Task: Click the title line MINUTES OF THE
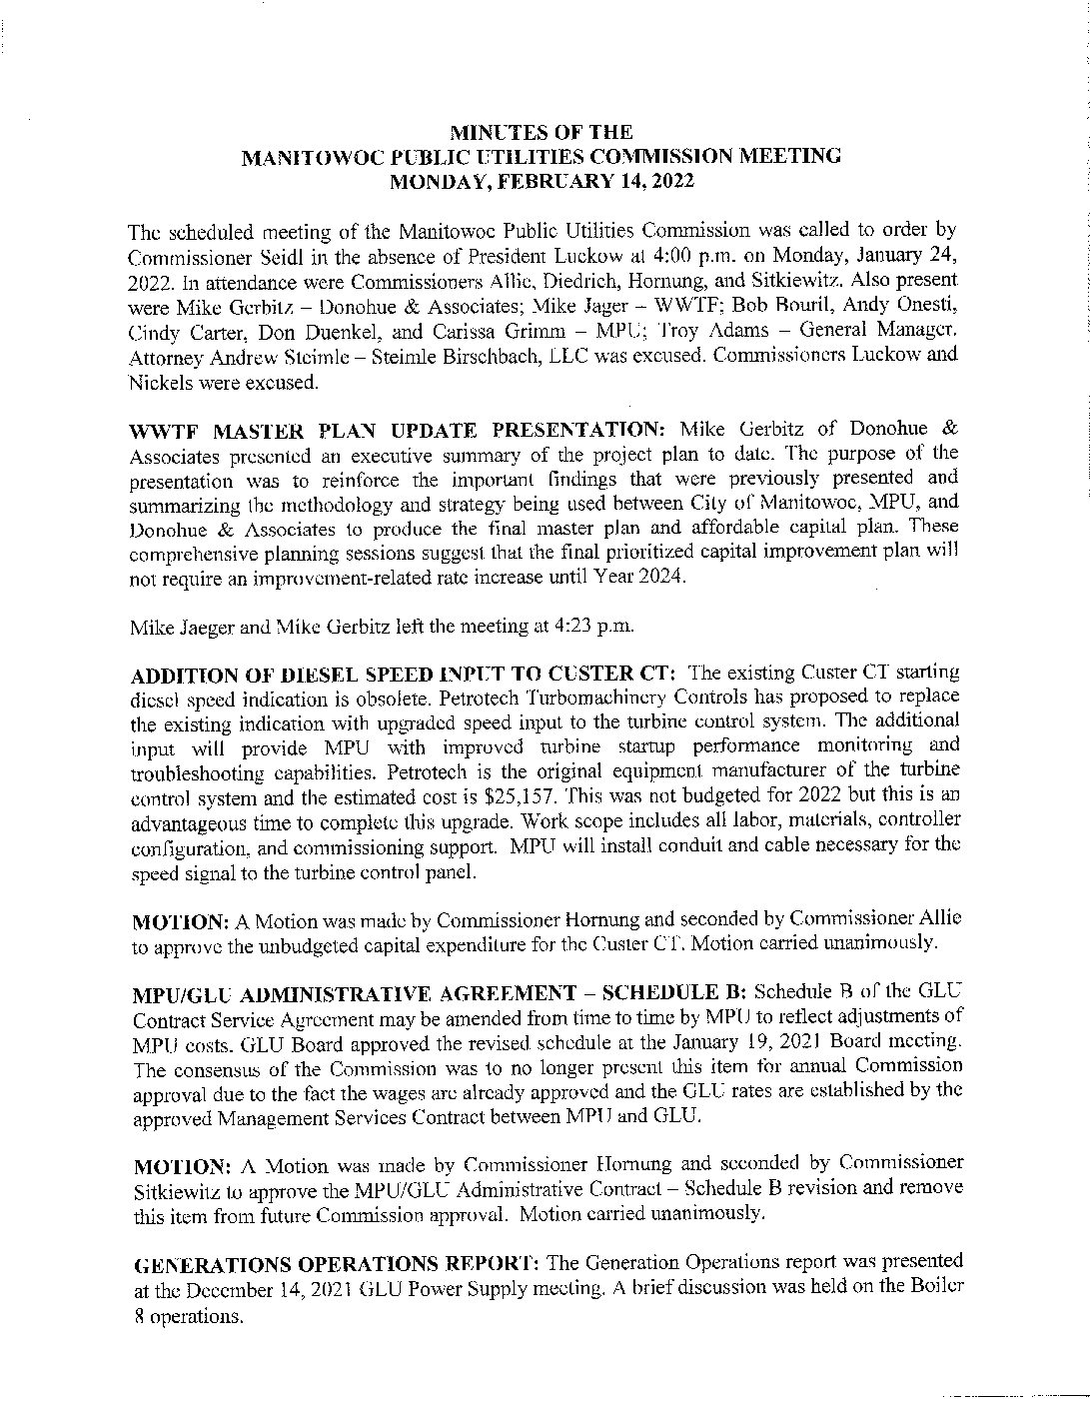tap(541, 131)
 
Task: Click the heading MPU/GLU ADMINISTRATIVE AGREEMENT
tap(355, 993)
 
